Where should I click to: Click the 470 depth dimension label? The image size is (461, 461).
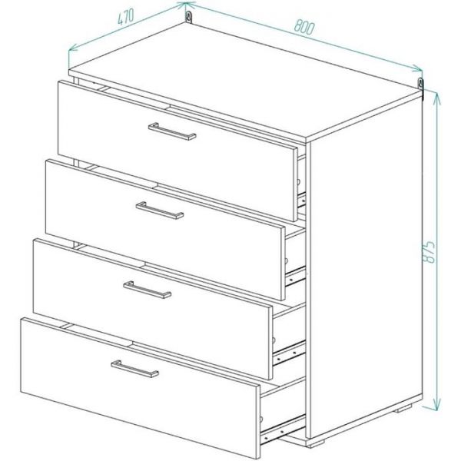pyautogui.click(x=125, y=17)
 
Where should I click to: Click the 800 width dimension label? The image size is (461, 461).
pyautogui.click(x=304, y=27)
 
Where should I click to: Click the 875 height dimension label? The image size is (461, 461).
pyautogui.click(x=429, y=252)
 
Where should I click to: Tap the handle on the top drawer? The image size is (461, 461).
pyautogui.click(x=172, y=131)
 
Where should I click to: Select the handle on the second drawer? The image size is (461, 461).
pyautogui.click(x=160, y=211)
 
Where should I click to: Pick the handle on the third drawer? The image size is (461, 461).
pyautogui.click(x=148, y=290)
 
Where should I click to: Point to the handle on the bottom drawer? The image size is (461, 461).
pyautogui.click(x=135, y=369)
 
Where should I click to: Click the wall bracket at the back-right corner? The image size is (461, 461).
pyautogui.click(x=421, y=86)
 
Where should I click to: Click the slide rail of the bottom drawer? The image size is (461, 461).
pyautogui.click(x=283, y=429)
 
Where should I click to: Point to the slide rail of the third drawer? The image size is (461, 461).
pyautogui.click(x=290, y=353)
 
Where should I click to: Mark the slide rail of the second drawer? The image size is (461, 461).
pyautogui.click(x=296, y=277)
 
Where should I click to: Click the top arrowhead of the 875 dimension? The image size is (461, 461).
pyautogui.click(x=437, y=98)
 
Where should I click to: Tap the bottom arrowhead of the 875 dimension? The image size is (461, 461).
pyautogui.click(x=437, y=403)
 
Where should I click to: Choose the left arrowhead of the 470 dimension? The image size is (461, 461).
pyautogui.click(x=73, y=47)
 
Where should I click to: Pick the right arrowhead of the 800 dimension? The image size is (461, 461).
pyautogui.click(x=417, y=69)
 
